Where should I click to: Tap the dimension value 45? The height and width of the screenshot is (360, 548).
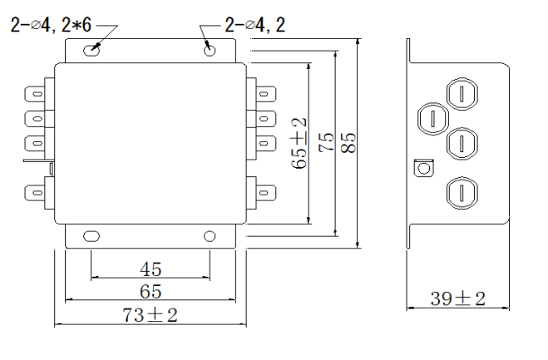coord(151,269)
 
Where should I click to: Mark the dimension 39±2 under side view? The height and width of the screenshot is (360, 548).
coord(457,298)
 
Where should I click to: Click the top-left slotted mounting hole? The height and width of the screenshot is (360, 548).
coord(92,50)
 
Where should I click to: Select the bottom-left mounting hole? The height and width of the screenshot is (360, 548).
coord(86,236)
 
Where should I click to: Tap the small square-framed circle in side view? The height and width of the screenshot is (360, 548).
coord(422,167)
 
